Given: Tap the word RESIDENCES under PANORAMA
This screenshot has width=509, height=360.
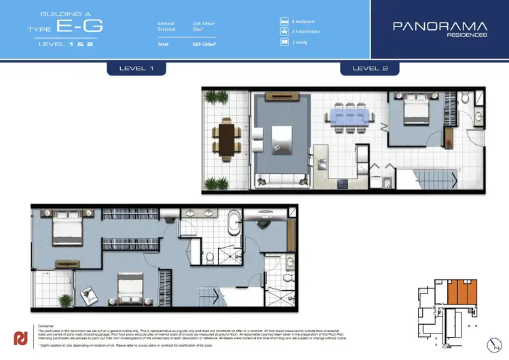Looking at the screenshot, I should point(469,35).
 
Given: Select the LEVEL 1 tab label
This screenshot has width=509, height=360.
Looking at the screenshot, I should point(136,69).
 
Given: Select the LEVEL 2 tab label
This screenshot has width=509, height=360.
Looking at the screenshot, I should point(369,69).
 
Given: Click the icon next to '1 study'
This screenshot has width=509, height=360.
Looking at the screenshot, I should point(284,41).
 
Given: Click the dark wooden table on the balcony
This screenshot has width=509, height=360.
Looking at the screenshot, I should point(225,138).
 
